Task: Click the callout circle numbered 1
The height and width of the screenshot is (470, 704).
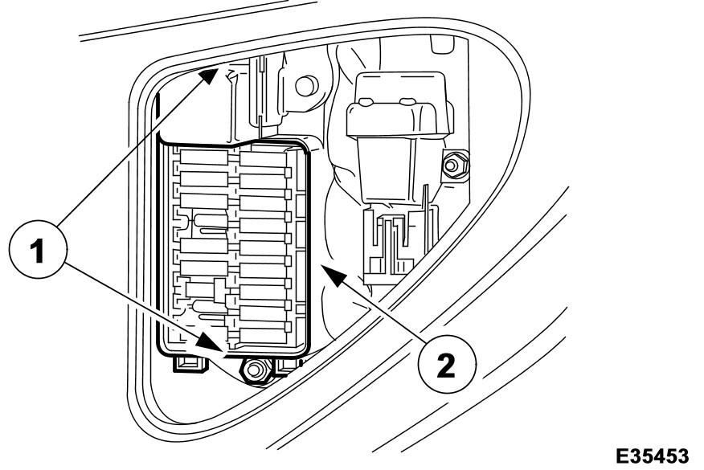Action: tap(38, 250)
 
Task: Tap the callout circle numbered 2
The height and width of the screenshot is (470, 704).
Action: tap(447, 365)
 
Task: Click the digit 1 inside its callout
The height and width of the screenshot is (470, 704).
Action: tap(38, 251)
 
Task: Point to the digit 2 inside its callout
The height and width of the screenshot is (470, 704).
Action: tap(445, 366)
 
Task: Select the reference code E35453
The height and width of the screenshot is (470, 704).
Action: tap(653, 456)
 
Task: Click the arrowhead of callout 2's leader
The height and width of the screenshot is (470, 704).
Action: tap(334, 275)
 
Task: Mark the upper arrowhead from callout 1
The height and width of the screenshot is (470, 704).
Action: tap(209, 76)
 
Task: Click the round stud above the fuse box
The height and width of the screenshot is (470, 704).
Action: tap(307, 86)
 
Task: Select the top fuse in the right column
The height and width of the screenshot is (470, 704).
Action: tap(264, 159)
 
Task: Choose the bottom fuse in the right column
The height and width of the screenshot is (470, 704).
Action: tap(264, 335)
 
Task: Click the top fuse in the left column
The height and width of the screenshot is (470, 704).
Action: tap(204, 157)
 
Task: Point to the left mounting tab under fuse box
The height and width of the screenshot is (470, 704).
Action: tap(190, 363)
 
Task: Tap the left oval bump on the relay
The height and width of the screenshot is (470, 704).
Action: tap(366, 102)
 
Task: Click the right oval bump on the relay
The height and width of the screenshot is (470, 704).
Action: tap(407, 101)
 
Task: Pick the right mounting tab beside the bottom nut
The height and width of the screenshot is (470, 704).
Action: tap(285, 366)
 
